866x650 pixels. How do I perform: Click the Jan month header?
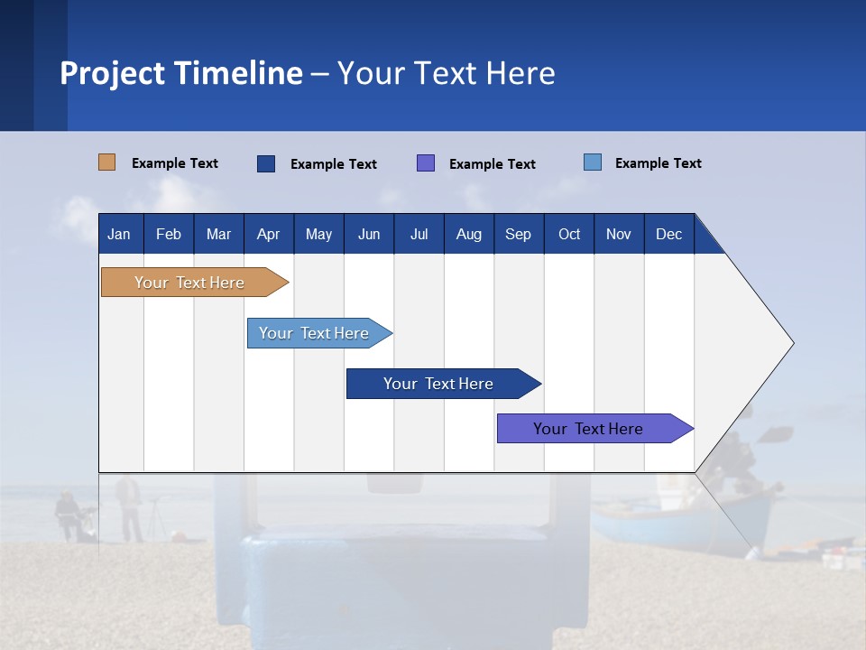[x=119, y=234]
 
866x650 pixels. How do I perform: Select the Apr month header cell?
[x=268, y=234]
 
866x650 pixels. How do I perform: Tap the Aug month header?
[x=468, y=234]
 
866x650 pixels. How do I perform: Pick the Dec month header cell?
[x=668, y=234]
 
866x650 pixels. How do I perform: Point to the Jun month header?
[x=368, y=234]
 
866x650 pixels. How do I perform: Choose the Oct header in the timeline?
[x=568, y=234]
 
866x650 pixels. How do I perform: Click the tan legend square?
[x=106, y=162]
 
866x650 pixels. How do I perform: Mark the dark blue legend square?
[x=266, y=163]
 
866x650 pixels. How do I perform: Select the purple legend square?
[x=426, y=163]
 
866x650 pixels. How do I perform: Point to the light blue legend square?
[x=592, y=162]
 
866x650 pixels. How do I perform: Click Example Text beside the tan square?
[x=174, y=163]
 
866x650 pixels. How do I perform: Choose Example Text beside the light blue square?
[x=658, y=163]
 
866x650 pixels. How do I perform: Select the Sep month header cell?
[x=518, y=234]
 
